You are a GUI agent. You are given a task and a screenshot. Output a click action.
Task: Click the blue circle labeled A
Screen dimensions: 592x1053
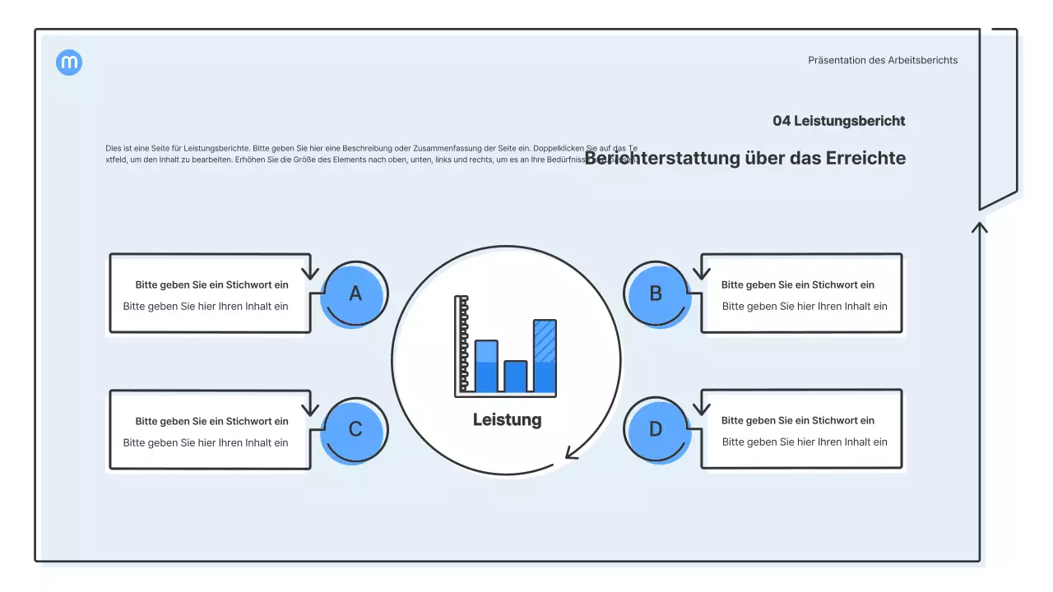[355, 294]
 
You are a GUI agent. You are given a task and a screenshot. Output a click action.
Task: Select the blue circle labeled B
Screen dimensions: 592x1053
[656, 294]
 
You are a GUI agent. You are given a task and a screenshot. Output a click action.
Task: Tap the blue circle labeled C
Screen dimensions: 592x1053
[355, 429]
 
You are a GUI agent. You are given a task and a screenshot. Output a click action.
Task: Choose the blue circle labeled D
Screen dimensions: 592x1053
[656, 429]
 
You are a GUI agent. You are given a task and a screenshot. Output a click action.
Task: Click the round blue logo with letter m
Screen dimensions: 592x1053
[69, 62]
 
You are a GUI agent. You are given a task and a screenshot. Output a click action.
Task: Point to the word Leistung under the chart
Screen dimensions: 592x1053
[507, 419]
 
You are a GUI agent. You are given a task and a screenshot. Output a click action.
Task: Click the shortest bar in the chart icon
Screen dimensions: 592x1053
[516, 377]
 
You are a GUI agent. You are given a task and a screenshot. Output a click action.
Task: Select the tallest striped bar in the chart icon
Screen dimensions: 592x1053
[545, 355]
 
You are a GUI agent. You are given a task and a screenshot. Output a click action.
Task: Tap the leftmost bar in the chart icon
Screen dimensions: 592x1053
[486, 366]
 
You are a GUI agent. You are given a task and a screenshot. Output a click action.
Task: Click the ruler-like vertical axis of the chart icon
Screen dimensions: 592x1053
[462, 345]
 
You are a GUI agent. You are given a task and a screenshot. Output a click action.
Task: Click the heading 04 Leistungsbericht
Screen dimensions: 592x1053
[838, 121]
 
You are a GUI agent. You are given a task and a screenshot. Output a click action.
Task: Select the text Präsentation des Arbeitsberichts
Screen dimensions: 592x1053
[883, 60]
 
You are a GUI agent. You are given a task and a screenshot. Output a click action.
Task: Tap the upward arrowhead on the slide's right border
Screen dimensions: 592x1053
[979, 226]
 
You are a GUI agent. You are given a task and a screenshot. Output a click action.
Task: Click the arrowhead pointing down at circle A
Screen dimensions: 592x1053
[309, 272]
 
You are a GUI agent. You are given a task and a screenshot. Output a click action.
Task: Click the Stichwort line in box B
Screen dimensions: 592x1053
[797, 284]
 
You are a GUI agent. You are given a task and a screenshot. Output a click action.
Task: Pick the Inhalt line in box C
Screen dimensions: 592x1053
[206, 442]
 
